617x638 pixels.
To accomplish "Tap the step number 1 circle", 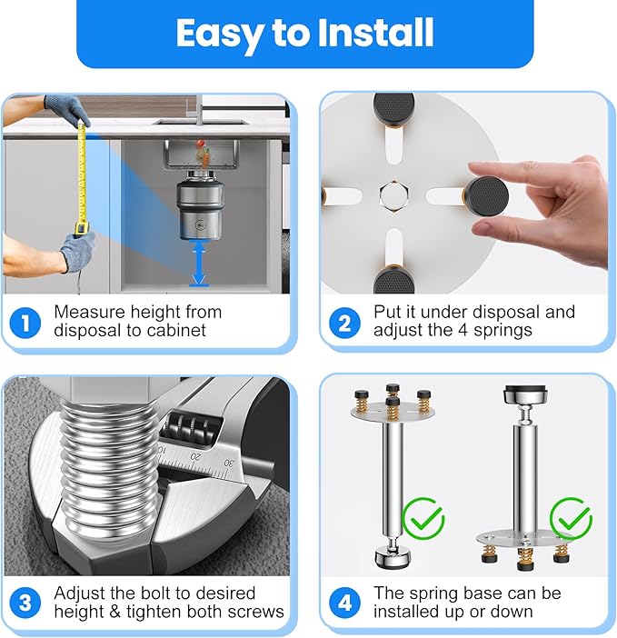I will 25,321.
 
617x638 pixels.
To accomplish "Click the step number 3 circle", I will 25,602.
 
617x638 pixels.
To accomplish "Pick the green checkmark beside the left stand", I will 422,520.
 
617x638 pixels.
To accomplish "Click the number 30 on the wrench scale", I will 228,464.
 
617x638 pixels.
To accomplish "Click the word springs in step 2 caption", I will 503,330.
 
